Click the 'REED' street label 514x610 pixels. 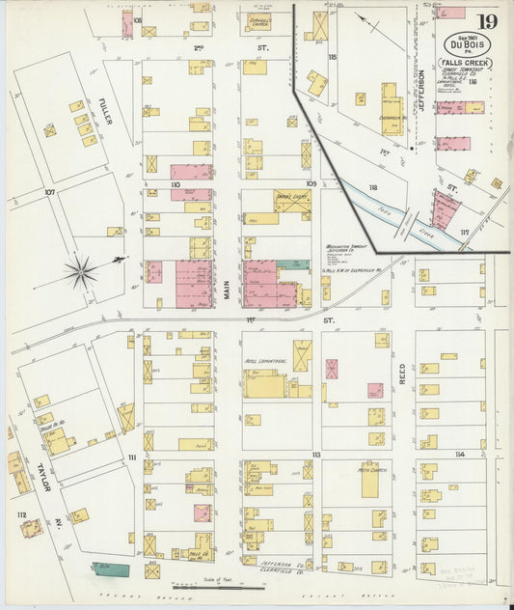tap(403, 374)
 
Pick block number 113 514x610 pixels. tap(315, 454)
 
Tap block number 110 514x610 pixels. tap(176, 183)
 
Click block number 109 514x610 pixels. tap(311, 183)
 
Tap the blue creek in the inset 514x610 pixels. tap(391, 211)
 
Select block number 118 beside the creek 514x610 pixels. tap(372, 186)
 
